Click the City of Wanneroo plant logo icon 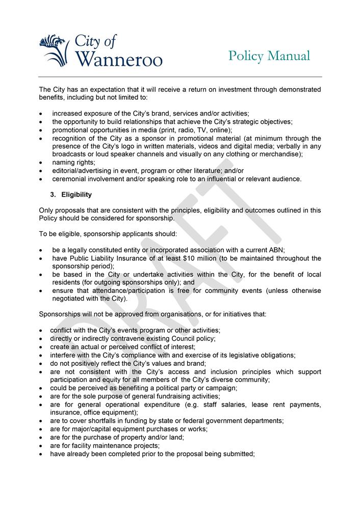pyautogui.click(x=54, y=49)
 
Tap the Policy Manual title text pyautogui.click(x=269, y=56)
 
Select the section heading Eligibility pyautogui.click(x=76, y=195)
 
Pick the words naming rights pyautogui.click(x=73, y=162)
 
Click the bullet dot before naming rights pyautogui.click(x=41, y=163)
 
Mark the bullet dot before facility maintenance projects pyautogui.click(x=41, y=446)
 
